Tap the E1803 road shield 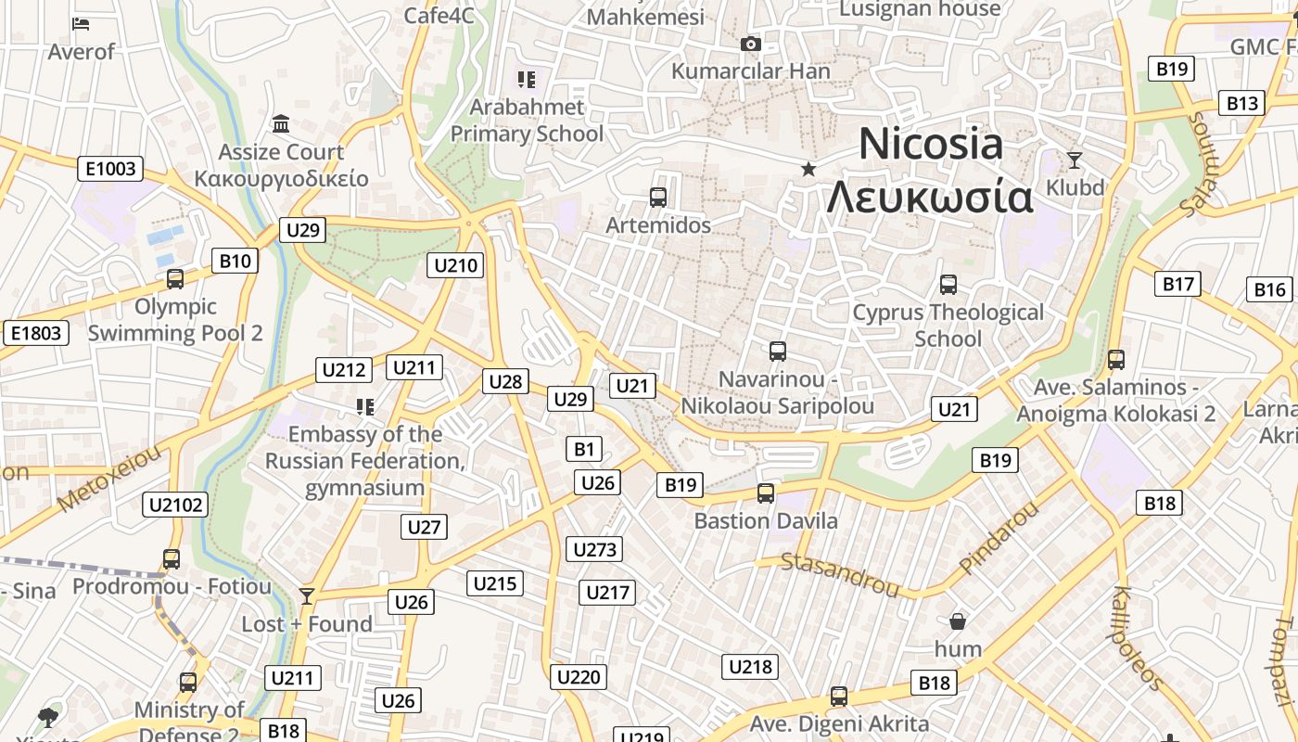point(36,333)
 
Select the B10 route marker point(235,261)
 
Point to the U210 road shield point(456,265)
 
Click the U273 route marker point(594,549)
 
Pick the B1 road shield point(583,450)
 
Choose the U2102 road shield point(175,505)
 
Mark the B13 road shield point(1241,103)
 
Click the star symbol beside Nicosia point(808,169)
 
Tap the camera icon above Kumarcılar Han point(751,44)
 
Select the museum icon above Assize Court point(281,123)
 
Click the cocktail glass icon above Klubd point(1075,160)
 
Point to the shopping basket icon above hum point(958,620)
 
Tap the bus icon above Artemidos point(658,197)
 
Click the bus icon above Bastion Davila point(766,493)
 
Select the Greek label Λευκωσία point(930,197)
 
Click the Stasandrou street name point(840,573)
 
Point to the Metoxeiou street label point(109,478)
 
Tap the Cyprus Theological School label point(948,325)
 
